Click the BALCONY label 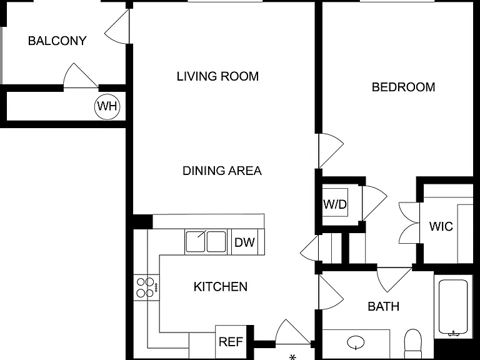57,41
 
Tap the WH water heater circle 107,106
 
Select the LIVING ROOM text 217,76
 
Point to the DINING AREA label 222,171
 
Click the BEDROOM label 404,87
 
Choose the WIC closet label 441,226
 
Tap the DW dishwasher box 244,242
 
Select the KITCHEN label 221,287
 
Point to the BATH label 383,306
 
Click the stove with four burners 146,287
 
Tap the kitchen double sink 206,241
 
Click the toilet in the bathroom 413,344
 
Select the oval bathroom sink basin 356,342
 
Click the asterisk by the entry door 292,357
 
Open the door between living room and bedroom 331,151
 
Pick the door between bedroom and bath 394,279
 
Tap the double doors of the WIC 409,223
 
